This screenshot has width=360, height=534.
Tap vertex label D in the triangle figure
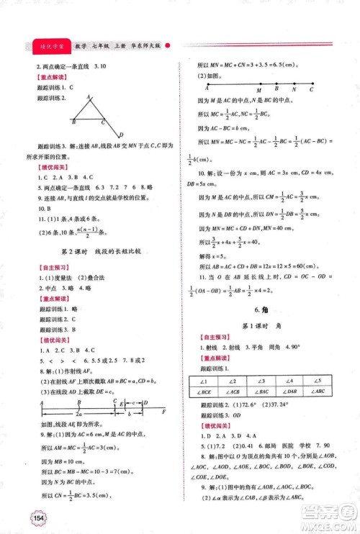pyautogui.click(x=120, y=135)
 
